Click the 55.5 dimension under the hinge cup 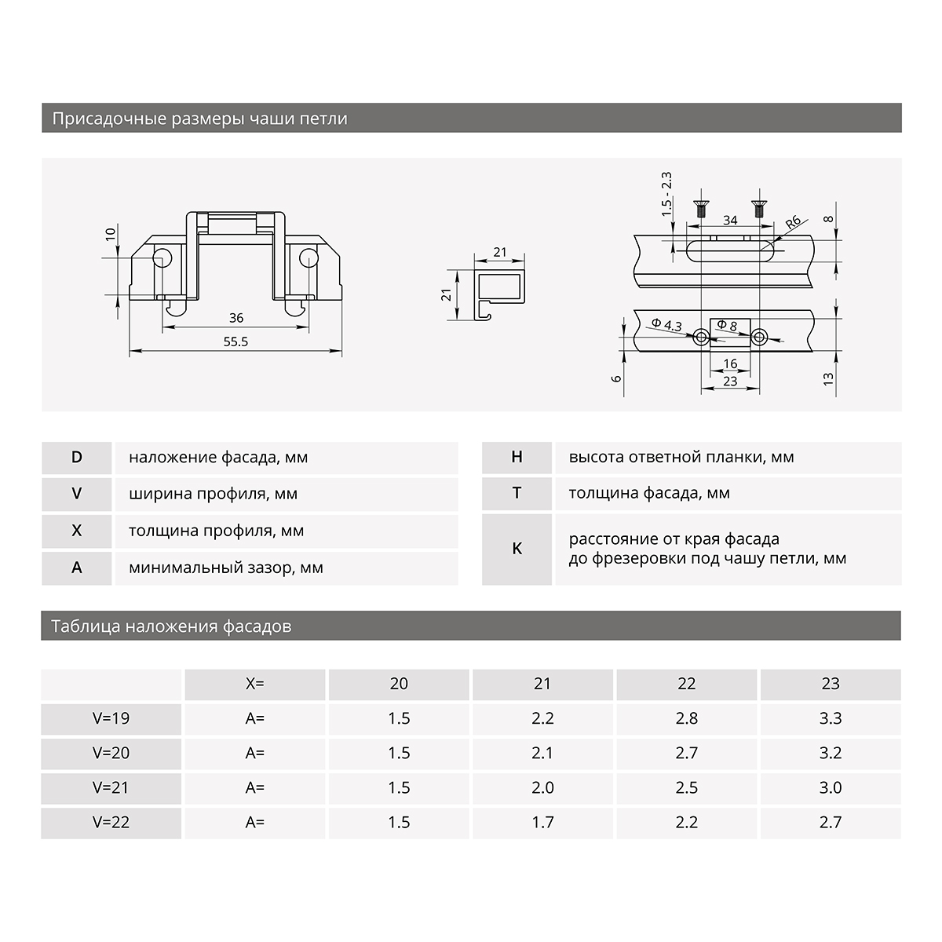[x=235, y=342]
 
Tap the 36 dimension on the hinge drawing [x=236, y=318]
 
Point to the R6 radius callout [x=792, y=221]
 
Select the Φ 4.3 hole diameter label [x=666, y=325]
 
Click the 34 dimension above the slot [x=730, y=220]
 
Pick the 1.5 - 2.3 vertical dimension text [x=666, y=194]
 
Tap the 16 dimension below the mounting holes [x=730, y=364]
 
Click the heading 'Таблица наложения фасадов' [x=171, y=626]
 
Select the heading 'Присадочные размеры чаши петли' [x=199, y=119]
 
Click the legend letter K [x=517, y=549]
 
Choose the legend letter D [x=76, y=457]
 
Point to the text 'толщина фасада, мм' [x=649, y=493]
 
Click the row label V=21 [x=111, y=787]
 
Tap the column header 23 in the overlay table [x=831, y=684]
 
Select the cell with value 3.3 [x=831, y=718]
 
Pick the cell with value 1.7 [x=542, y=822]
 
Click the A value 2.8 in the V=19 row [x=686, y=718]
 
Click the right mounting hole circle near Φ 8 [x=758, y=338]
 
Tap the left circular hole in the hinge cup [x=163, y=259]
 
